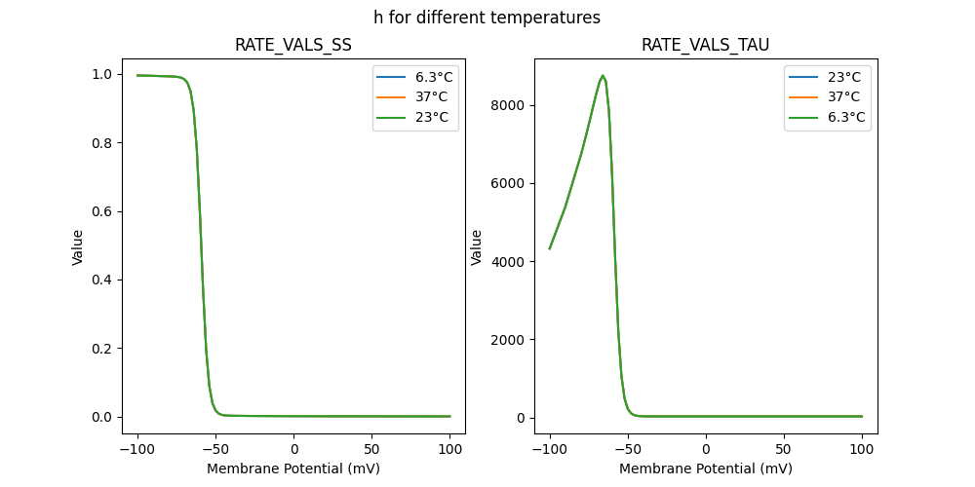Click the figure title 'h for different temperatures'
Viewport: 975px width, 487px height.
coord(487,18)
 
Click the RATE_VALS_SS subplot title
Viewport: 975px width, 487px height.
coord(293,46)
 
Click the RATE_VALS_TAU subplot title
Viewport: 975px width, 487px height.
coord(705,46)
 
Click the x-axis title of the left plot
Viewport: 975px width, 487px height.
coord(293,468)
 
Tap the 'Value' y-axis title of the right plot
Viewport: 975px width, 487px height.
coord(478,247)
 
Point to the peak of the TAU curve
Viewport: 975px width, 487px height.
coord(603,75)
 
